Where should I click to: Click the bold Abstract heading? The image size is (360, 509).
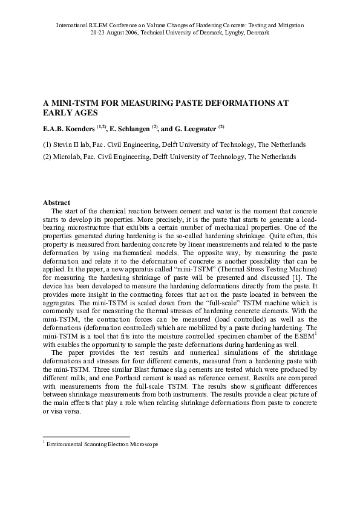click(x=57, y=202)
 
